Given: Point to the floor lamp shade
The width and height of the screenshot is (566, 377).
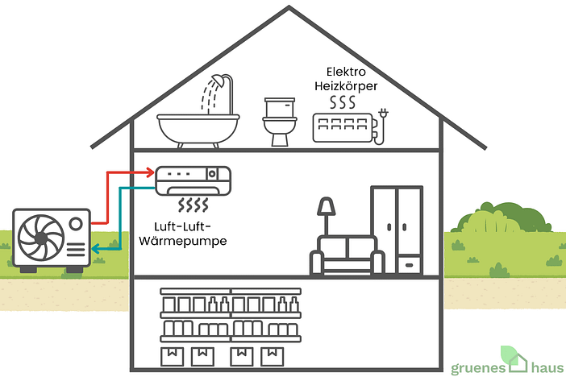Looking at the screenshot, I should point(327,206).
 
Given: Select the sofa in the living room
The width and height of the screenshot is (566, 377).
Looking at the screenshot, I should point(348,255).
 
